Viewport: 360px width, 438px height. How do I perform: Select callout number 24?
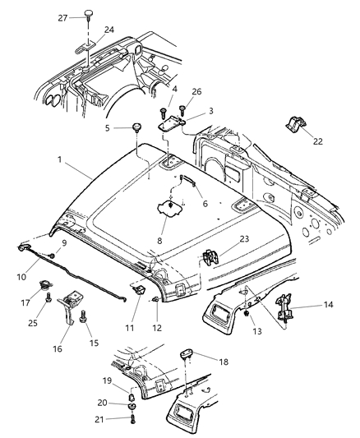109,31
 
